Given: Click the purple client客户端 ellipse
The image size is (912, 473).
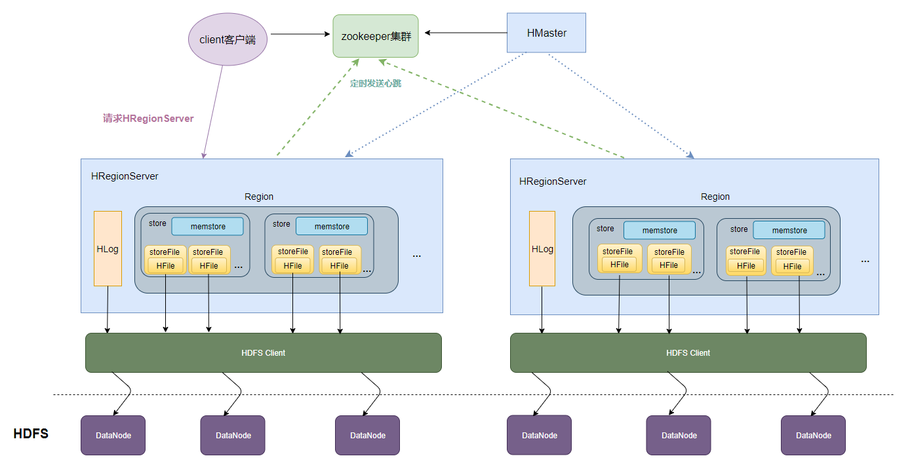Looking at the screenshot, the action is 228,39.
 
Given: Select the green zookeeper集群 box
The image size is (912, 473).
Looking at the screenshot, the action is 376,36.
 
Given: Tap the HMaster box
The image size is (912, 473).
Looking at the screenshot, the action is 546,33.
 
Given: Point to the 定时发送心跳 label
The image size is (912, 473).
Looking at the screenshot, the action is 376,83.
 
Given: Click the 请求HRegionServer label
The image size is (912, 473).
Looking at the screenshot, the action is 148,119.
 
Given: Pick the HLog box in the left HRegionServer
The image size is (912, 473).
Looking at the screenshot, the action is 108,248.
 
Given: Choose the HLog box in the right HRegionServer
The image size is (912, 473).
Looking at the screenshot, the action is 542,248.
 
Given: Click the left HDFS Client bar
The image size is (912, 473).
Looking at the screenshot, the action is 264,352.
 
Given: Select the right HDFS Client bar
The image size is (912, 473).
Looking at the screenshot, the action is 688,352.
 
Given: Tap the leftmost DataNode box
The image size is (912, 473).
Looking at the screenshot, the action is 113,435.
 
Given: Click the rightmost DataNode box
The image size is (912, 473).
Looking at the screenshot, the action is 813,435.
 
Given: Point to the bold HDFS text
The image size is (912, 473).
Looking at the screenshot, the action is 31,434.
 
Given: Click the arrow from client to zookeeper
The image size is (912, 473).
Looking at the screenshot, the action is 300,34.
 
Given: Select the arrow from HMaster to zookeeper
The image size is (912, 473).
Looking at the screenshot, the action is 466,33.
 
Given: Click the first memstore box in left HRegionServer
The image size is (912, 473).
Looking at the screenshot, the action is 208,227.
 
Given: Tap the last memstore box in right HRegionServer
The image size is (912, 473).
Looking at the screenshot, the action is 789,230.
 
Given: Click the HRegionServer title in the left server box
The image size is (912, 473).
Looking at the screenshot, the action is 125,176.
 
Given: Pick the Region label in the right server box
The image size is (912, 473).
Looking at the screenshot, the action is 715,197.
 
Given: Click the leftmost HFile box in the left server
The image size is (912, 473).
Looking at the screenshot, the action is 165,266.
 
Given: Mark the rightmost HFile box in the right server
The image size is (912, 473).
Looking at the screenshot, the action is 792,267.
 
